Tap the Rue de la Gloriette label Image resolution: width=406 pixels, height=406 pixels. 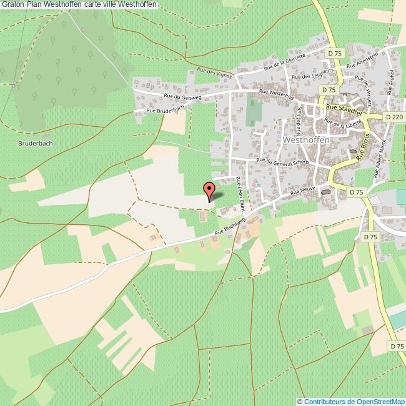click(284, 61)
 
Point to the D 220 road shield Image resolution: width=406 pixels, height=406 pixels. click(394, 117)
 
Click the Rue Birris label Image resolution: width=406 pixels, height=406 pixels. click(363, 147)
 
